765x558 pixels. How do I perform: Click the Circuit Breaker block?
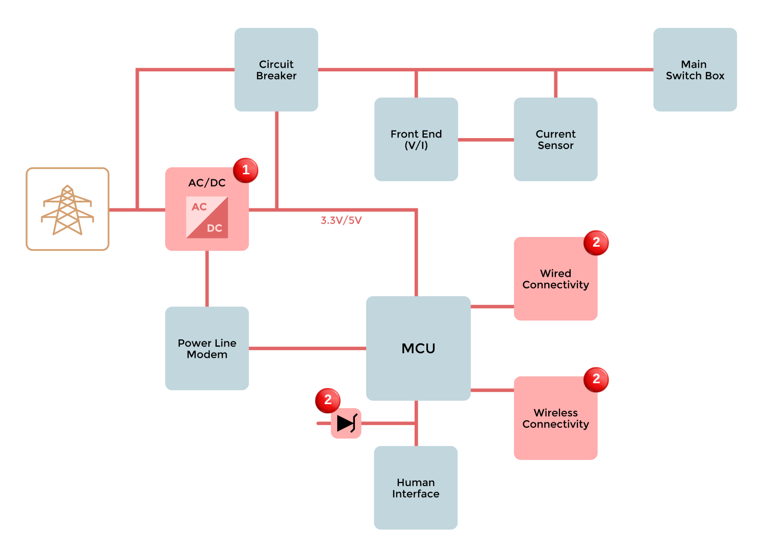[x=276, y=70]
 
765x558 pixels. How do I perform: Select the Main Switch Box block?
[x=695, y=70]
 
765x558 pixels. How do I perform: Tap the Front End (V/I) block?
[x=416, y=139]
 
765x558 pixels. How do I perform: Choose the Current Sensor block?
[x=555, y=139]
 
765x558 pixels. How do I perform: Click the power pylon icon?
[x=67, y=209]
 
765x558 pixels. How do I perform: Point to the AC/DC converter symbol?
[x=207, y=218]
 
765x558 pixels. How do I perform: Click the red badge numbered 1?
[x=245, y=170]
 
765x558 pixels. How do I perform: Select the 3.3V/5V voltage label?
[x=341, y=220]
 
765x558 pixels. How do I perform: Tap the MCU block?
[x=418, y=348]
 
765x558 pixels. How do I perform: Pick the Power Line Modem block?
[x=207, y=348]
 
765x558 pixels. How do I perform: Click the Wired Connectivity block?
[x=555, y=279]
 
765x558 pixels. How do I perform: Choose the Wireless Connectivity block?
[x=555, y=418]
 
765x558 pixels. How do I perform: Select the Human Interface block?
[x=416, y=488]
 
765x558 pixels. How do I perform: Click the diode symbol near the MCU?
[x=346, y=423]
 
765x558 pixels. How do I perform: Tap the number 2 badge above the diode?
[x=328, y=400]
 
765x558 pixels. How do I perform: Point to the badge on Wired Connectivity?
[x=596, y=243]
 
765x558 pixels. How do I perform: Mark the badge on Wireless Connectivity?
[x=596, y=379]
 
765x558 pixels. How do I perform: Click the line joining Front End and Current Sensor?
[x=486, y=140]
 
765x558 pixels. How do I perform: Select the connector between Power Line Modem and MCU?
[x=307, y=349]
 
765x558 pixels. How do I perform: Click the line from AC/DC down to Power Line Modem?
[x=207, y=278]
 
